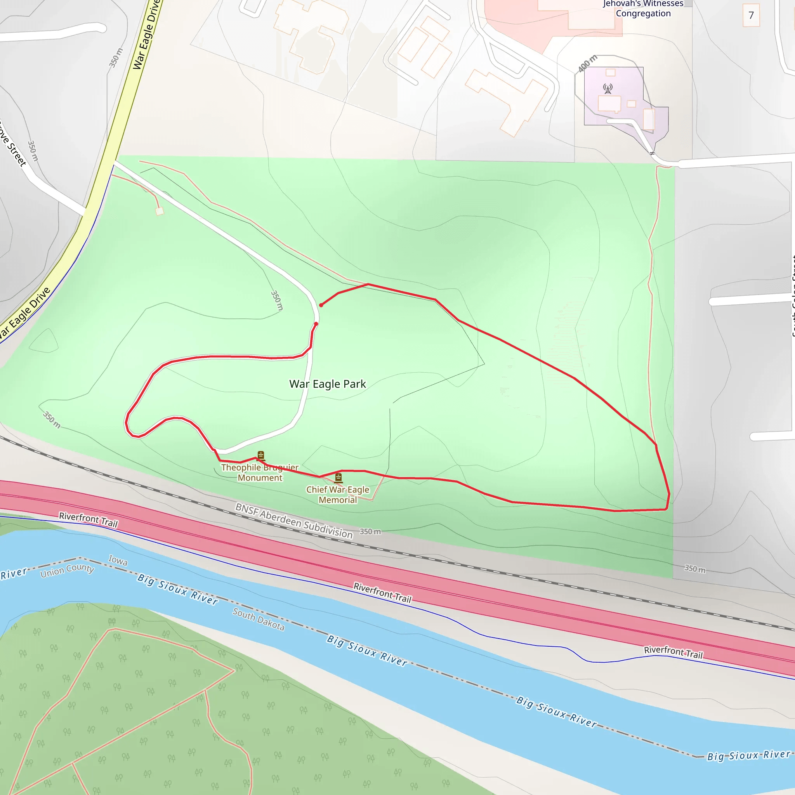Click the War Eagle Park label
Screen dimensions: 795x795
[x=328, y=384]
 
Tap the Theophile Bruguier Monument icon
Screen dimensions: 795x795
[x=260, y=455]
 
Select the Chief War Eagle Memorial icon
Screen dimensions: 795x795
[x=338, y=477]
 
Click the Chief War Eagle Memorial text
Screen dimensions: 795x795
[x=338, y=495]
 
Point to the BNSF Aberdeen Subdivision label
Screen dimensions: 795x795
[x=294, y=521]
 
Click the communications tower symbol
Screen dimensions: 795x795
[x=608, y=89]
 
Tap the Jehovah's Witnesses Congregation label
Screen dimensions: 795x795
[x=643, y=9]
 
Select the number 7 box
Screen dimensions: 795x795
[x=751, y=16]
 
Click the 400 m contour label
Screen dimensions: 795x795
[x=587, y=64]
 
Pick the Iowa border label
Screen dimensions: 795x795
[x=118, y=560]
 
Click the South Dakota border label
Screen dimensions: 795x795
[x=259, y=619]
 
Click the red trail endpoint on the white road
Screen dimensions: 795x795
[x=316, y=324]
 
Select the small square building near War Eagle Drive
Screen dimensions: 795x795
[x=160, y=211]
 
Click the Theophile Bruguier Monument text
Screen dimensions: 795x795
[x=260, y=472]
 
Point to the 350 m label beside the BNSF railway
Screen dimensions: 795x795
[x=370, y=532]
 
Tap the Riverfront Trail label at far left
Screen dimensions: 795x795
[x=89, y=519]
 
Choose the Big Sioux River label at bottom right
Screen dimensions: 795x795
[x=749, y=755]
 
